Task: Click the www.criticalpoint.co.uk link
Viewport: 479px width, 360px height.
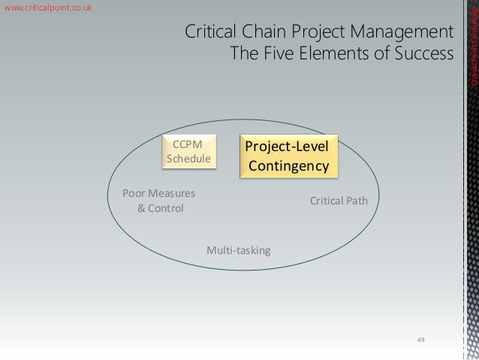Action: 49,8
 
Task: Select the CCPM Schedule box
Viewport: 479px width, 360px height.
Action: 188,151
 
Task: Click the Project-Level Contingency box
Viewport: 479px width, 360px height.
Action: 288,156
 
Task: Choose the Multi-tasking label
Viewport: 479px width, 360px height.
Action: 238,249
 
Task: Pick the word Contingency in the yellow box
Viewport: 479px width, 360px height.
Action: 289,165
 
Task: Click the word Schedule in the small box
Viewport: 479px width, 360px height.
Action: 188,159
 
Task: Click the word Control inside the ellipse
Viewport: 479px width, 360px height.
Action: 165,207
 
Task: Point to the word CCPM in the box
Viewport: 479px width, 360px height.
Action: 188,144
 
